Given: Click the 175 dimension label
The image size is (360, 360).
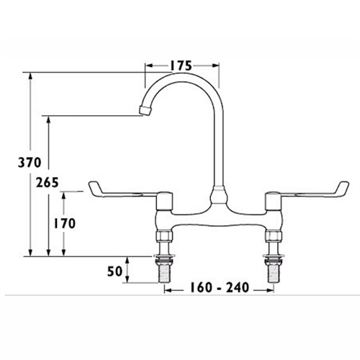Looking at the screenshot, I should pyautogui.click(x=181, y=66).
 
